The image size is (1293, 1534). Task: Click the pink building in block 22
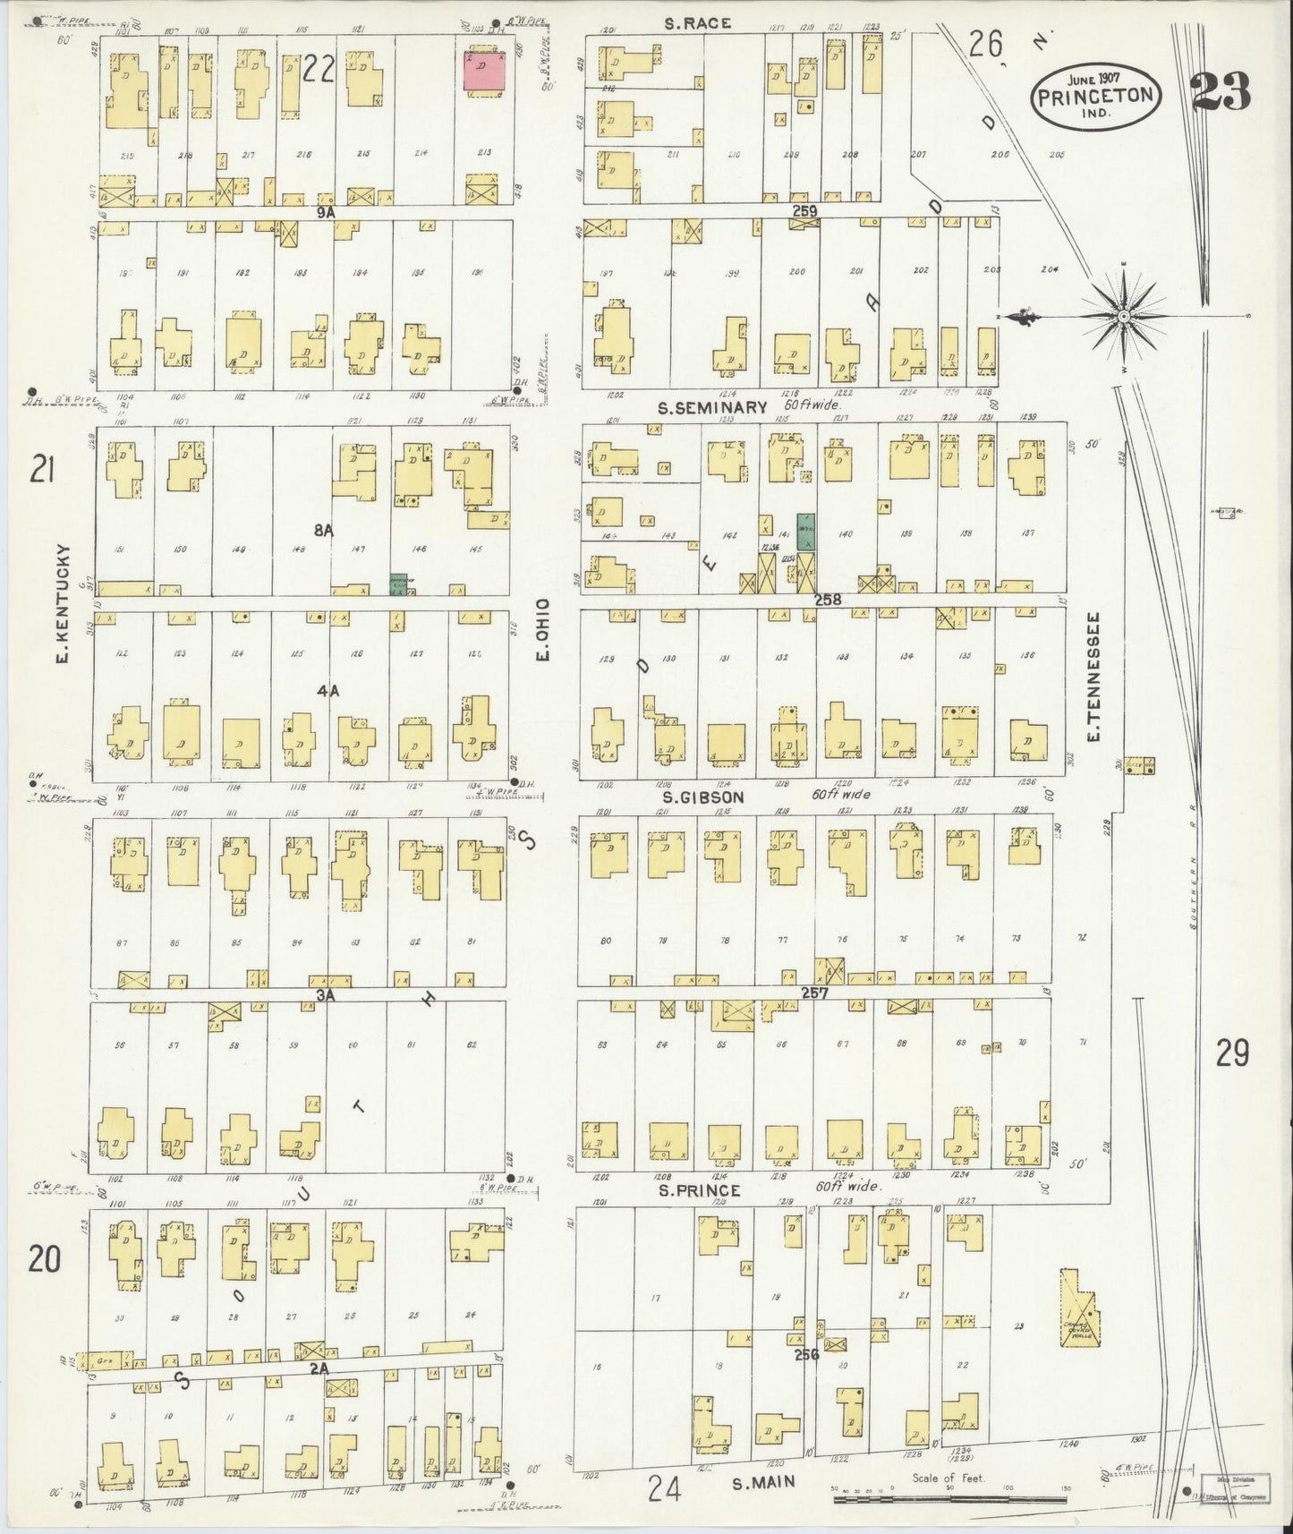482,69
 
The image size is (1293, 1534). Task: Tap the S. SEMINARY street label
712,407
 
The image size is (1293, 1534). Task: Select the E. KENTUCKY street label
63,592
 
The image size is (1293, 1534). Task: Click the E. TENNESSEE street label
1093,676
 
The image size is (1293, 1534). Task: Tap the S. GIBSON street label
703,796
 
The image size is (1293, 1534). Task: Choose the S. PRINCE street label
699,1190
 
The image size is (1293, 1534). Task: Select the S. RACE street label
698,23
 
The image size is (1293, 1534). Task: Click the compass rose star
1122,316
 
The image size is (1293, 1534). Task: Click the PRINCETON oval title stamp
1097,96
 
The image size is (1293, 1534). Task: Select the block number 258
828,600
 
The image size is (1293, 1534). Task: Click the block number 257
814,993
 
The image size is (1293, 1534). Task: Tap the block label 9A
324,212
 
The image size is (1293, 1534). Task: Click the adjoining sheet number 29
1231,1054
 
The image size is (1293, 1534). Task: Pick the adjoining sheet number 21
43,468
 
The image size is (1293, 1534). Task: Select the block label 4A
327,690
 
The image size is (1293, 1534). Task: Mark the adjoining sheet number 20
44,1259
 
